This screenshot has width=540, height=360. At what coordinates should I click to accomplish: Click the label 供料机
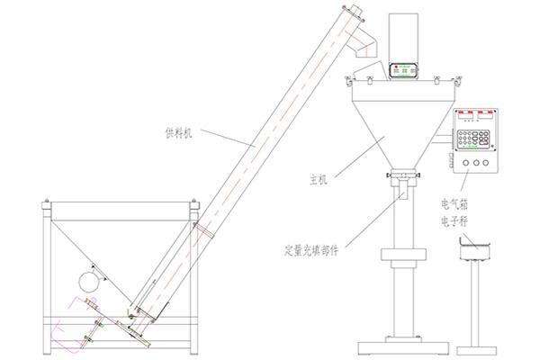pyautogui.click(x=178, y=133)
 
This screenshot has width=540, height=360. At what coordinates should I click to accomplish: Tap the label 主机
pyautogui.click(x=319, y=180)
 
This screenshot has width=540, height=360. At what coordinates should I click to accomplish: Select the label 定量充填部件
pyautogui.click(x=311, y=250)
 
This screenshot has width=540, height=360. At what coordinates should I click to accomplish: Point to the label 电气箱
pyautogui.click(x=454, y=204)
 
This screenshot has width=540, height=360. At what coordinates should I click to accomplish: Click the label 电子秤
pyautogui.click(x=454, y=220)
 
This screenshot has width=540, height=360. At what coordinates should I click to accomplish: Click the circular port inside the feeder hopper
pyautogui.click(x=88, y=282)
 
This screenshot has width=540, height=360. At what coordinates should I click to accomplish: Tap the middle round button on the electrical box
pyautogui.click(x=475, y=163)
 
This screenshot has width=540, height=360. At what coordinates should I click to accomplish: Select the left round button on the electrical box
pyautogui.click(x=466, y=163)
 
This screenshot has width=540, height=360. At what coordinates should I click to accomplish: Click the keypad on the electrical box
pyautogui.click(x=473, y=139)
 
